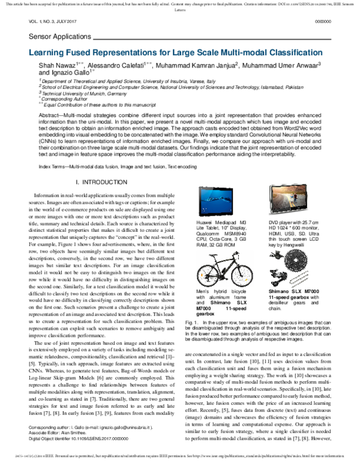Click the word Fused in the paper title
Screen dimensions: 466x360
pos(82,53)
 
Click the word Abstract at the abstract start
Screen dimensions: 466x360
pos(53,97)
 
